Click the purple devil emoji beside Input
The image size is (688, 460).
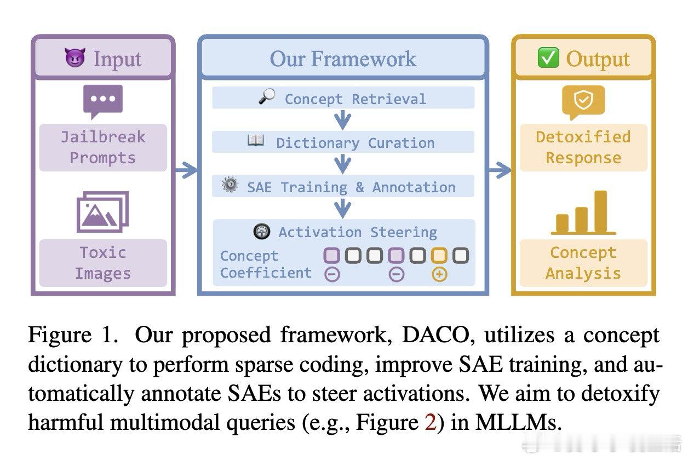(x=74, y=58)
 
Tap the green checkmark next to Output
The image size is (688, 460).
(x=548, y=58)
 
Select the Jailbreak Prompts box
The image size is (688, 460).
(x=103, y=147)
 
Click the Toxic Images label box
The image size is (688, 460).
(x=103, y=263)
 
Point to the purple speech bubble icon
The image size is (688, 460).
(x=103, y=101)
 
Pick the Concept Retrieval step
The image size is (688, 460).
(x=343, y=99)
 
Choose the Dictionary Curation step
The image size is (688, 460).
(x=343, y=142)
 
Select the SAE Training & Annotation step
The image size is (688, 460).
(x=343, y=187)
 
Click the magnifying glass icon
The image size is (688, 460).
(x=266, y=97)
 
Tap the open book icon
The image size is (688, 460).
(x=256, y=141)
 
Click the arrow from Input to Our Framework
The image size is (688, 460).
(x=186, y=170)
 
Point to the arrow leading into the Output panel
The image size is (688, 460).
(x=499, y=170)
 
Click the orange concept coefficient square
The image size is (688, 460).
(x=439, y=255)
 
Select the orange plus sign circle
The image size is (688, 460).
(x=439, y=274)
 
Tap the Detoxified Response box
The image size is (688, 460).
(x=583, y=147)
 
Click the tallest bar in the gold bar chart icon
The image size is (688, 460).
(x=600, y=211)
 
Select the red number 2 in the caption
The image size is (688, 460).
(x=431, y=423)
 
